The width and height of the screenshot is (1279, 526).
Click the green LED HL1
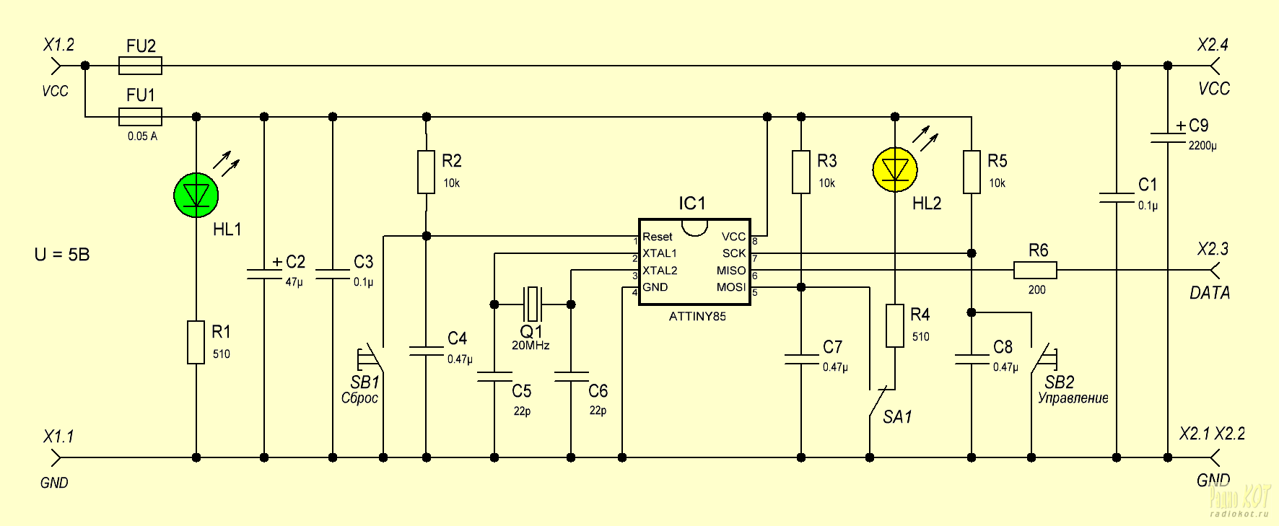click(196, 195)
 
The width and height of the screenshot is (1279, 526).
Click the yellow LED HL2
click(895, 170)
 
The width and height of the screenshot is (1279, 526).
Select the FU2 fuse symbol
click(140, 66)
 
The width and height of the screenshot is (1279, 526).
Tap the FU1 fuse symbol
click(140, 117)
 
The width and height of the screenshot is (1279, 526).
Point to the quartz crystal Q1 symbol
click(533, 304)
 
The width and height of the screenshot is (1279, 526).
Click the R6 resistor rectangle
click(1035, 271)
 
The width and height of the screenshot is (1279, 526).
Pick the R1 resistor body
click(196, 342)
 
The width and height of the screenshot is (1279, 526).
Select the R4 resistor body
click(895, 325)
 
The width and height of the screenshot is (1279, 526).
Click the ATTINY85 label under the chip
click(697, 316)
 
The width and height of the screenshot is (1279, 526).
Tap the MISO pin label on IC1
click(730, 271)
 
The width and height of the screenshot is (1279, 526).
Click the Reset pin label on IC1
click(658, 237)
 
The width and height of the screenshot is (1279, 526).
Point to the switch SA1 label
click(897, 417)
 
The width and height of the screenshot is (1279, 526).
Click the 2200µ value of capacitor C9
click(1202, 146)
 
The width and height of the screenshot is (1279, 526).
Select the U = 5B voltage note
click(62, 255)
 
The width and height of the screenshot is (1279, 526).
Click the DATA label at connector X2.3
click(1210, 293)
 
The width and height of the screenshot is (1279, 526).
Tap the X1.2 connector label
click(59, 45)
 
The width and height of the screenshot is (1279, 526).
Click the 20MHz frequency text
click(531, 346)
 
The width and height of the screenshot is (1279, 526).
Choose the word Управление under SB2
click(1073, 398)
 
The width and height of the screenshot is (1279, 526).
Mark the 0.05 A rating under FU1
click(142, 136)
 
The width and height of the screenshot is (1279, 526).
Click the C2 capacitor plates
click(264, 274)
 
